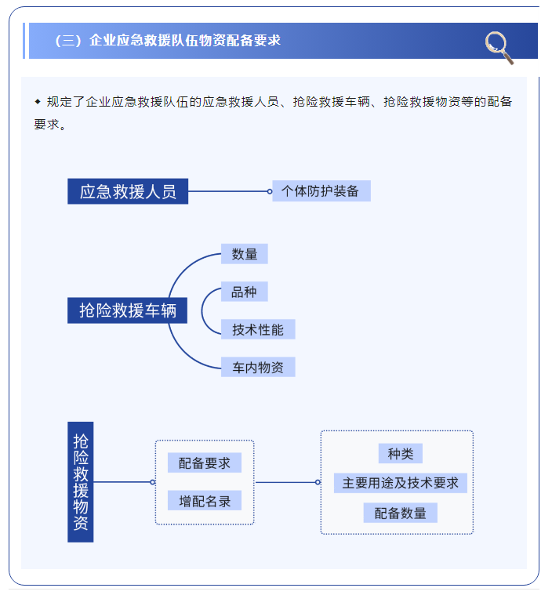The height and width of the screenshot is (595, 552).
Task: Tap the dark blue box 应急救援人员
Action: pyautogui.click(x=128, y=191)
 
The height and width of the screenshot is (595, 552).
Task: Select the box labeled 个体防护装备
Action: pyautogui.click(x=321, y=191)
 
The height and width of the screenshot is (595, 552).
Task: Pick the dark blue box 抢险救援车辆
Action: pyautogui.click(x=128, y=310)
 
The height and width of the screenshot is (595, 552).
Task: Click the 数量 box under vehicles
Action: pyautogui.click(x=244, y=254)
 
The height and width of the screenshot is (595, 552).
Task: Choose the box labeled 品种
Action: pyautogui.click(x=244, y=292)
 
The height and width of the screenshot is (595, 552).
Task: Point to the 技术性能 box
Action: pyautogui.click(x=257, y=329)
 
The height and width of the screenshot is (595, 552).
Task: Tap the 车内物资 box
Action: pyautogui.click(x=257, y=367)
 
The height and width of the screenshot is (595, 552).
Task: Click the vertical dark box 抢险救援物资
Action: pyautogui.click(x=81, y=482)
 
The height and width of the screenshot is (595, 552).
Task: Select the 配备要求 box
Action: pyautogui.click(x=204, y=463)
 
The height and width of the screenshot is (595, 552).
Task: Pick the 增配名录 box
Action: pyautogui.click(x=204, y=501)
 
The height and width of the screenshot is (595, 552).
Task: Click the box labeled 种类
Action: pyautogui.click(x=400, y=454)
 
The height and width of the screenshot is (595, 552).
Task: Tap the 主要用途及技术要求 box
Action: pyautogui.click(x=400, y=483)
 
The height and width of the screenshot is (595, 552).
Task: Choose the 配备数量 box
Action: pyautogui.click(x=400, y=513)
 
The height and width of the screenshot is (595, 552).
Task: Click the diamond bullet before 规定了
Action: pyautogui.click(x=38, y=102)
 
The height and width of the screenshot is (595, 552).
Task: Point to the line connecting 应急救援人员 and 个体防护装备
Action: pyautogui.click(x=227, y=191)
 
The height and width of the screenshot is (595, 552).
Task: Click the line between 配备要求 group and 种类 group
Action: pyautogui.click(x=286, y=482)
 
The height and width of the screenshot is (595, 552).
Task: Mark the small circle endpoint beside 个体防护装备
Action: pyautogui.click(x=270, y=191)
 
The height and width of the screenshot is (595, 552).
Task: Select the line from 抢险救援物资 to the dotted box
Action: pyautogui.click(x=122, y=482)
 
